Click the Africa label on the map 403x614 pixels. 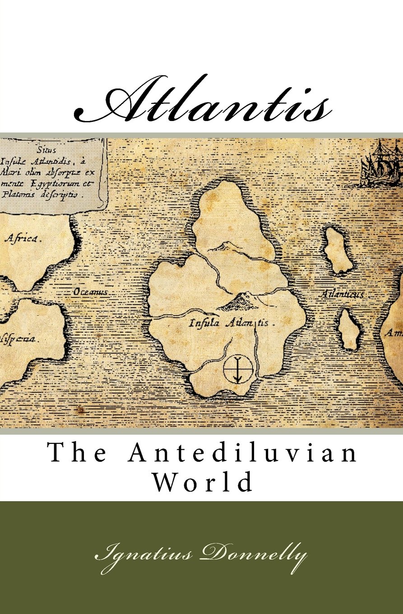click(23, 239)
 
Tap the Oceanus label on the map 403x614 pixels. click(91, 293)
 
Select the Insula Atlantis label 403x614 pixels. click(230, 323)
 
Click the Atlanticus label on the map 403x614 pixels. click(342, 294)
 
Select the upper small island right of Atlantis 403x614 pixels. click(338, 251)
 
